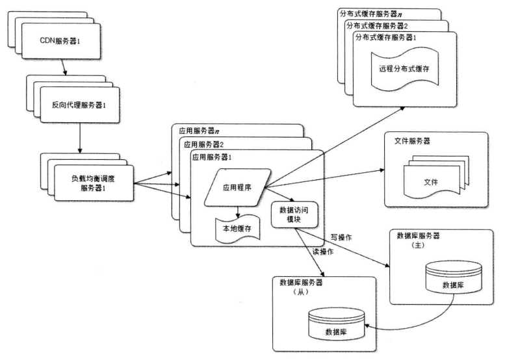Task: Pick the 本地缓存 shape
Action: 237,229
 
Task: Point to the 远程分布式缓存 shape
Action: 404,68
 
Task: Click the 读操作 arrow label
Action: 322,251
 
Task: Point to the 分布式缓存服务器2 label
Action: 376,25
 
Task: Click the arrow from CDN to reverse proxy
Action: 63,67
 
